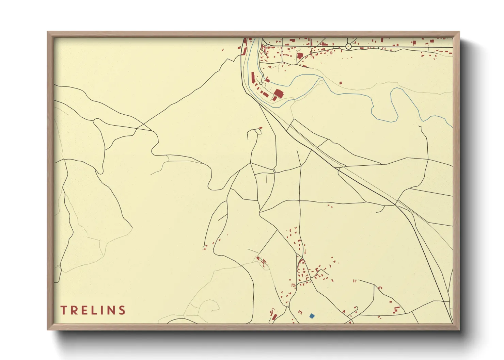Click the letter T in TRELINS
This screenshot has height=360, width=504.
click(x=64, y=310)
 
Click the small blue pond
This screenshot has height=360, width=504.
click(x=312, y=316)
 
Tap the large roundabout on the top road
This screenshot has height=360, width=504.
click(x=348, y=46)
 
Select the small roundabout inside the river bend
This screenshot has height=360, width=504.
click(x=261, y=83)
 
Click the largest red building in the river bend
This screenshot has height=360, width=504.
click(x=279, y=93)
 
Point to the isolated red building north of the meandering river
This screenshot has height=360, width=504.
click(x=341, y=82)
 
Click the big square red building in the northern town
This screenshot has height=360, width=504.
click(x=300, y=56)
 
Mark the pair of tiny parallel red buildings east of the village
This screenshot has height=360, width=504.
click(x=355, y=281)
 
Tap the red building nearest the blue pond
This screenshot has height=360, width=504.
click(x=300, y=312)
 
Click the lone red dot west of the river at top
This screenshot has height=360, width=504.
click(x=223, y=50)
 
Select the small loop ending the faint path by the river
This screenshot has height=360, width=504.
click(x=320, y=81)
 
